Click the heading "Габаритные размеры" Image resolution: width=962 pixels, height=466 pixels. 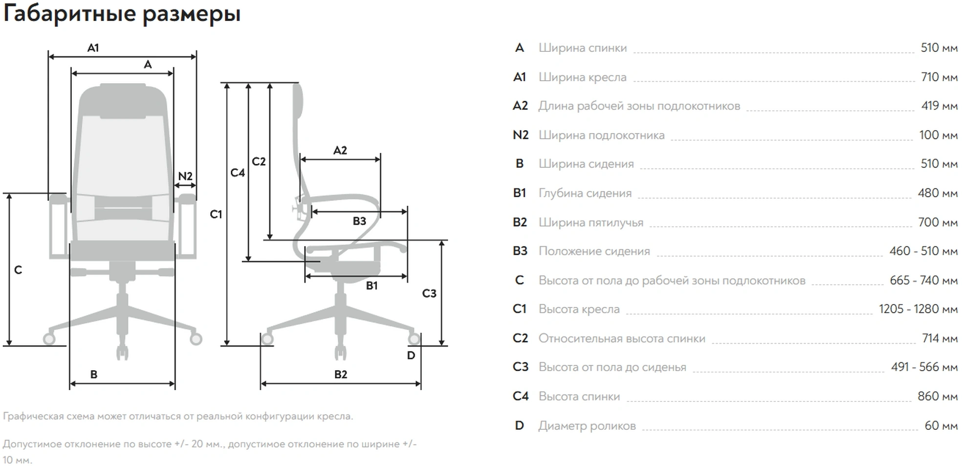[122, 14]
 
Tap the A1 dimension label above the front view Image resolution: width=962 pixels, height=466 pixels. [93, 48]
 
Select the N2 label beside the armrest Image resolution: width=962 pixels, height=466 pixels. [185, 176]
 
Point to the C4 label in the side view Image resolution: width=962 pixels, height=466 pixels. [238, 173]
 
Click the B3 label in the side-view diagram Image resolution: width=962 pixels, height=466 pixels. [359, 221]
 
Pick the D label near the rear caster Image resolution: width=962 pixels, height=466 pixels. [411, 355]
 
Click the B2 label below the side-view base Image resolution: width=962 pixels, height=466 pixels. [341, 375]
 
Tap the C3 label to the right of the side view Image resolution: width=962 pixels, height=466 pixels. [429, 293]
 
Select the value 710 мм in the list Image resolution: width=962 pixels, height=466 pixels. [939, 77]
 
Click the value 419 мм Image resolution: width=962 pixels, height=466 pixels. [939, 106]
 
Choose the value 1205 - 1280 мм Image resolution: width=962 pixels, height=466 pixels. [918, 309]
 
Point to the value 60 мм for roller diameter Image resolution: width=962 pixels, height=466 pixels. [941, 426]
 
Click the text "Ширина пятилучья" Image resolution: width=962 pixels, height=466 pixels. [590, 222]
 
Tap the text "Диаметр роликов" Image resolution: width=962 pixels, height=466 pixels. [587, 426]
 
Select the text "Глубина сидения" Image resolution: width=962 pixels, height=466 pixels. [585, 193]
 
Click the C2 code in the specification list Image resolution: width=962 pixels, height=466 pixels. [520, 338]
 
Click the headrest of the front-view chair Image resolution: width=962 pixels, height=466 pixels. [123, 100]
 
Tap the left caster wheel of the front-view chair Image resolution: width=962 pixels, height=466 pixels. [49, 338]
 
